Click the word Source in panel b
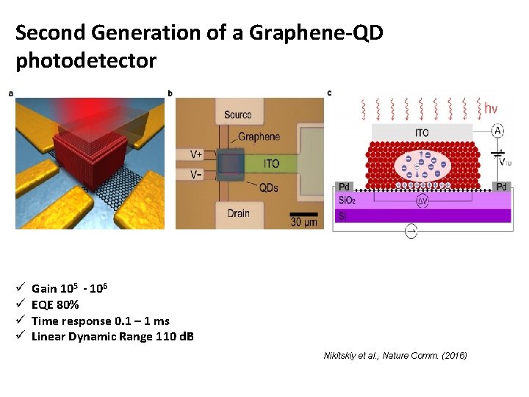238,115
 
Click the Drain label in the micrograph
237,214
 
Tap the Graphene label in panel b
259,137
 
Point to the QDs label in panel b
269,187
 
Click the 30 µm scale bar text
303,222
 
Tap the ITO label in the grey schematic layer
422,133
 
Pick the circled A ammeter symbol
497,131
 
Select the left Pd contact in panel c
343,187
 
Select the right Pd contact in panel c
501,187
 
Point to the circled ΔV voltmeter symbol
422,201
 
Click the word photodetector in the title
86,60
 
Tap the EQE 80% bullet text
56,305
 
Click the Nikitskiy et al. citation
395,356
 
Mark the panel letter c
329,93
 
